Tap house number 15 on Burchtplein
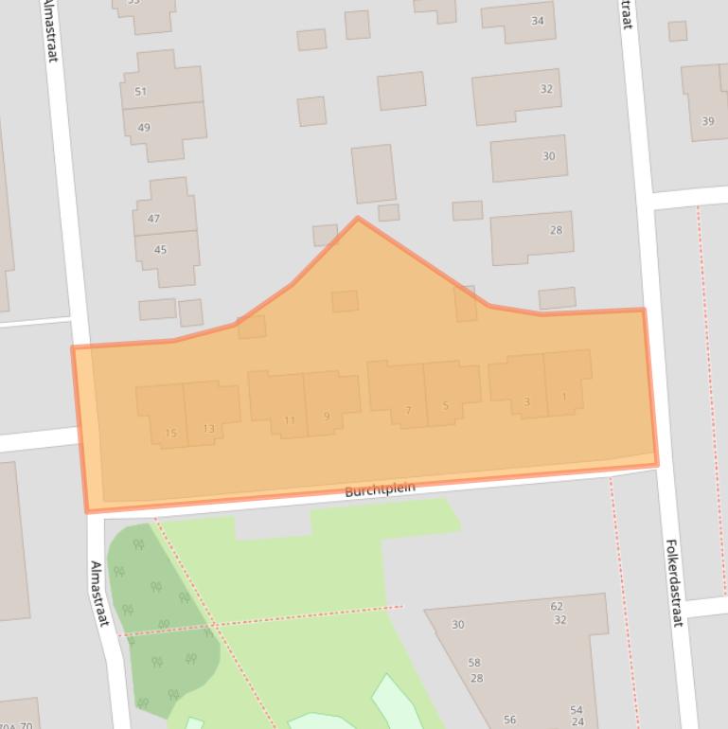click(x=170, y=434)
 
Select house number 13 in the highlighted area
click(x=208, y=429)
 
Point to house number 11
click(x=289, y=420)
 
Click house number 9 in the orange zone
click(x=327, y=417)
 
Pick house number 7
click(x=408, y=411)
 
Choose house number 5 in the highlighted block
click(x=445, y=406)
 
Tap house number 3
click(x=526, y=401)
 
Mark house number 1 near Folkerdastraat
click(x=564, y=397)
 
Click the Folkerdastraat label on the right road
click(x=673, y=582)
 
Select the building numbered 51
click(x=141, y=92)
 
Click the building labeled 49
click(x=144, y=128)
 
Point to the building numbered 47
click(x=153, y=219)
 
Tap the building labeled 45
click(x=160, y=250)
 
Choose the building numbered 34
click(x=538, y=21)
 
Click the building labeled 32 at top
click(x=546, y=89)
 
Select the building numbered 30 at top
click(x=548, y=156)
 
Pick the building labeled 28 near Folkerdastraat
click(x=556, y=230)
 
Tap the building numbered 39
click(x=707, y=121)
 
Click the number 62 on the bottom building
click(x=557, y=607)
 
